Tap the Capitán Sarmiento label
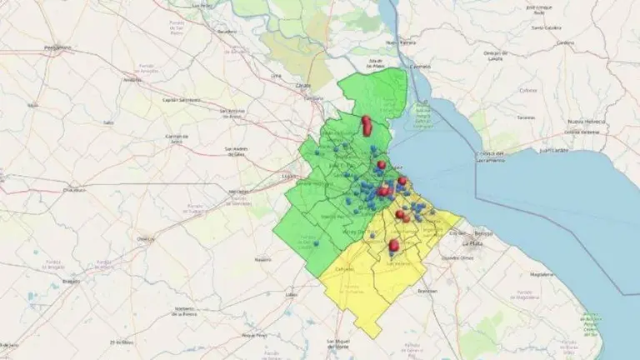182,99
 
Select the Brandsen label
427,290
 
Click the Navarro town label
263,259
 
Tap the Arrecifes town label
131,81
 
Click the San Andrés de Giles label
226,152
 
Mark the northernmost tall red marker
365,122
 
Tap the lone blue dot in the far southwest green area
317,244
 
